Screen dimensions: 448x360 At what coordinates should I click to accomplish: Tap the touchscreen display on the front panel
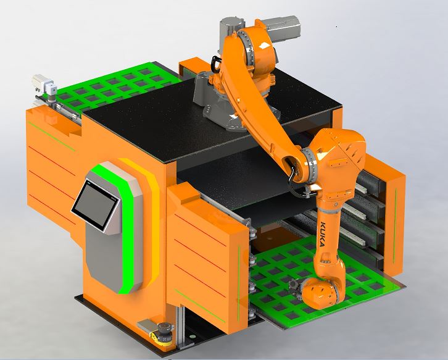tap(96, 204)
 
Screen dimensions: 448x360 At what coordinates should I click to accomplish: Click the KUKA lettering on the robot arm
tap(322, 233)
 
